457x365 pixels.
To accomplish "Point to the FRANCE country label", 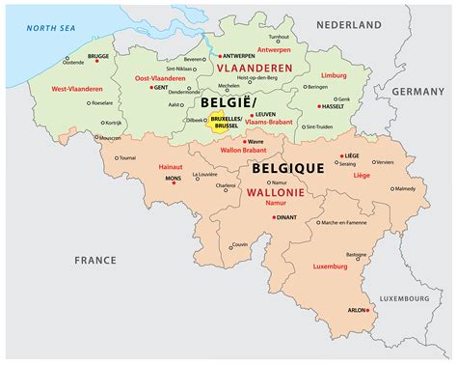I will pyautogui.click(x=96, y=260).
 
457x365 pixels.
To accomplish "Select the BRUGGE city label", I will pyautogui.click(x=98, y=56).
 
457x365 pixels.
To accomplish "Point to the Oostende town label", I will pyautogui.click(x=75, y=65).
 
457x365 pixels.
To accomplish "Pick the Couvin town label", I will pyautogui.click(x=240, y=244).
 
